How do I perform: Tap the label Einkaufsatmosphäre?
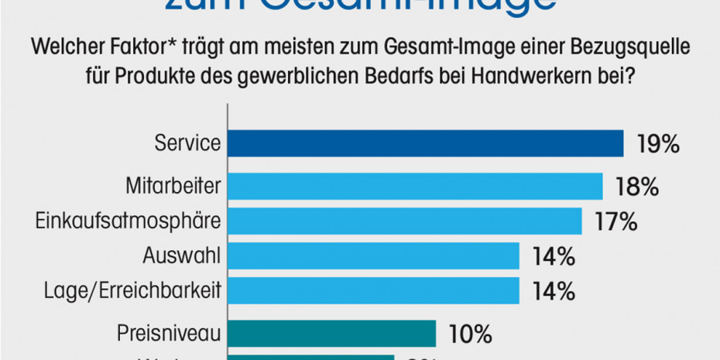(x=129, y=221)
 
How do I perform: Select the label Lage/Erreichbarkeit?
(x=133, y=291)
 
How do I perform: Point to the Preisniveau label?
(x=169, y=334)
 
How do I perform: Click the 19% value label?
(x=658, y=144)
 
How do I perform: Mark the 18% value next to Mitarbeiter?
(x=637, y=187)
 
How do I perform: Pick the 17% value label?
(x=615, y=222)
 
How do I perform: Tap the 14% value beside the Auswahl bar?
(x=554, y=256)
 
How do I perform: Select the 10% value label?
(x=471, y=334)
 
